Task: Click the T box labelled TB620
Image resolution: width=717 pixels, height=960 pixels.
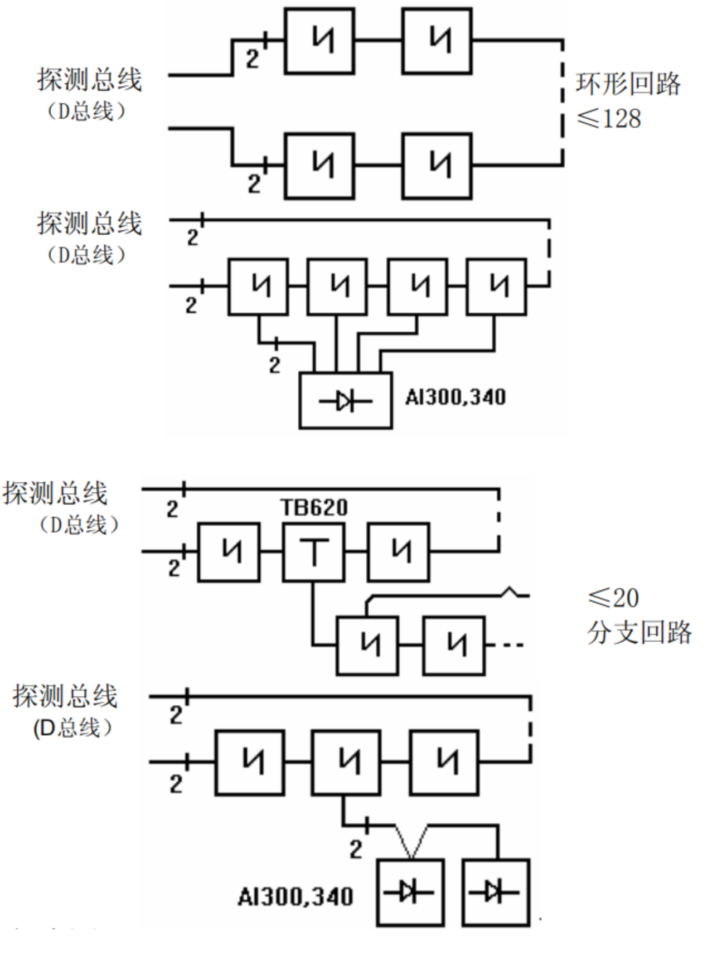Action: [313, 552]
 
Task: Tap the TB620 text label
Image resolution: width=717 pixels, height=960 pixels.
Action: [314, 507]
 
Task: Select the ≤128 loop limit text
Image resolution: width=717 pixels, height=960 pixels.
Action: [609, 119]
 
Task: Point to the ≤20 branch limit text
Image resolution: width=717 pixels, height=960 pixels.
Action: [613, 598]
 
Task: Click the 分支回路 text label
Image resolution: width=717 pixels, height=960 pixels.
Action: [639, 633]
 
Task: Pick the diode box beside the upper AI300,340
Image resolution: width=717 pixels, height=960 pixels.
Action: [346, 400]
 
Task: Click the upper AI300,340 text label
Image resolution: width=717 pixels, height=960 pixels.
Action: [456, 397]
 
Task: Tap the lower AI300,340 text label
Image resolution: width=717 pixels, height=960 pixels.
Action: [295, 897]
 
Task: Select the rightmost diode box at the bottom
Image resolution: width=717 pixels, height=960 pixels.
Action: [496, 893]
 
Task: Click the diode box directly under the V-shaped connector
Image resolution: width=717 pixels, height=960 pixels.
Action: [410, 893]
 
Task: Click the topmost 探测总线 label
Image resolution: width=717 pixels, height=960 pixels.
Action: [89, 80]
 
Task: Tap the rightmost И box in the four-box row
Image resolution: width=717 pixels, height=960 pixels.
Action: [496, 287]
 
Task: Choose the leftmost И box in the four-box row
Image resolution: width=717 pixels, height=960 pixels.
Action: [258, 287]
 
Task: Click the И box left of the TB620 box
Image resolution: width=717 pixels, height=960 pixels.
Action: [229, 552]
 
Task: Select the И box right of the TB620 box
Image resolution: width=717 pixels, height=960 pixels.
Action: [398, 552]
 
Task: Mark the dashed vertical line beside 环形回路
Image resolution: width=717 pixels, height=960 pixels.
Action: [562, 103]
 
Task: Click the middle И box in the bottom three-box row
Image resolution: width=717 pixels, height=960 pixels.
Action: [346, 762]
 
